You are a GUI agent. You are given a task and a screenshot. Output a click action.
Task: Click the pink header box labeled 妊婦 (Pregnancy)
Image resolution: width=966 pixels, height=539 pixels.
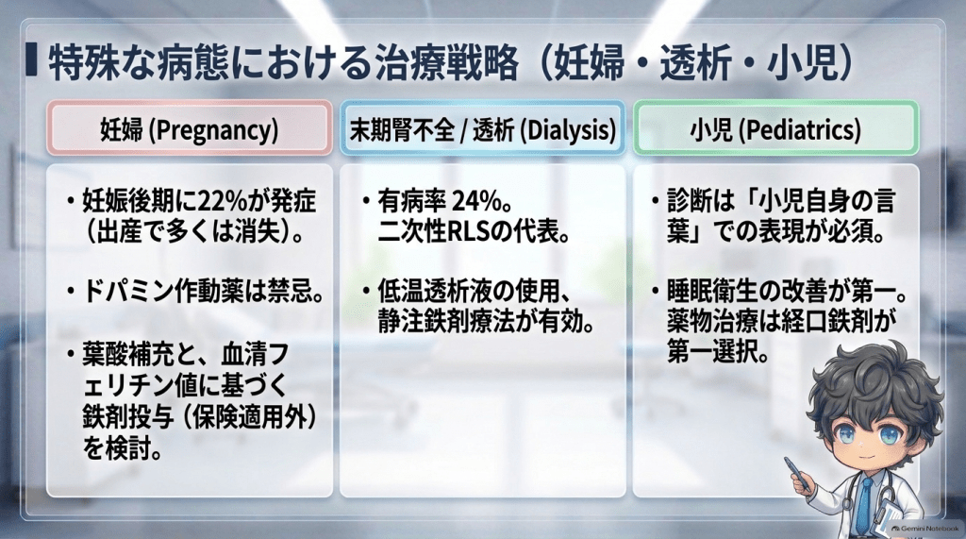pos(189,129)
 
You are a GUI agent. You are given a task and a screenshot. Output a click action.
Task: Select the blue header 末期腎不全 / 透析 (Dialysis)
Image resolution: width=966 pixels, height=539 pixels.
pos(482,129)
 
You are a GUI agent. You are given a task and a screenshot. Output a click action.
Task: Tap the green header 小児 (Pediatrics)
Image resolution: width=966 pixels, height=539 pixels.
pos(776,129)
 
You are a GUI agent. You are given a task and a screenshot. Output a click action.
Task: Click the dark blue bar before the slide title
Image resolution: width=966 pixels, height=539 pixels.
pos(31,60)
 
